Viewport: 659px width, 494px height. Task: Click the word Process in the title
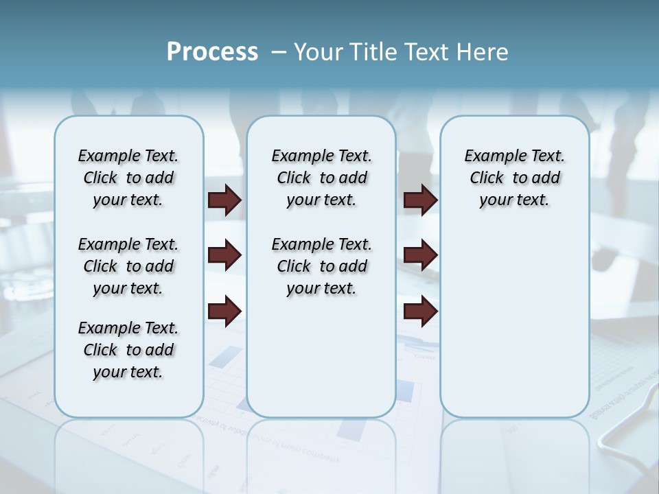212,51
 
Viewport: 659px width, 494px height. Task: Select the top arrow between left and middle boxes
224,200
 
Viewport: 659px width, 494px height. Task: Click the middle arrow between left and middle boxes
224,256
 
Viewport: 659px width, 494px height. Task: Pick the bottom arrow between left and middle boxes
224,312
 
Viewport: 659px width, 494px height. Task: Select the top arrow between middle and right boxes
420,200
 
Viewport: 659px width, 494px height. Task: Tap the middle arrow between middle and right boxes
420,256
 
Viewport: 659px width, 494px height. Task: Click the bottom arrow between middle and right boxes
420,312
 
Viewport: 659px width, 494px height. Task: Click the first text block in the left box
128,178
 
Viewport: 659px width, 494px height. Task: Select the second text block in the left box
128,266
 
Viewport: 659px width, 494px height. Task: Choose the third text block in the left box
128,350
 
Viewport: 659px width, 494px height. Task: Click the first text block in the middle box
321,178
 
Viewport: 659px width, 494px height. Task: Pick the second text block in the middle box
321,266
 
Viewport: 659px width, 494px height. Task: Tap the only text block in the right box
514,178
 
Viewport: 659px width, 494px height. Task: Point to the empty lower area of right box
514,322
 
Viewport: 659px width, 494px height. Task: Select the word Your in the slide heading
317,52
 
